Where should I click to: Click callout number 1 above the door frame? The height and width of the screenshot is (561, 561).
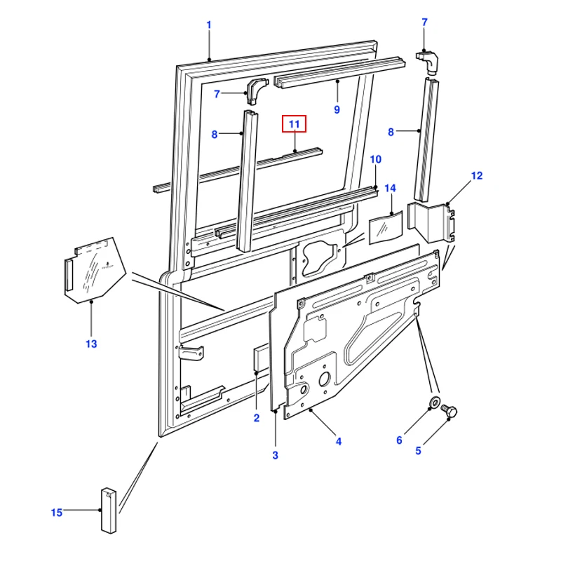pyautogui.click(x=208, y=25)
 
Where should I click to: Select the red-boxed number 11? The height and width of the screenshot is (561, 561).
pyautogui.click(x=295, y=125)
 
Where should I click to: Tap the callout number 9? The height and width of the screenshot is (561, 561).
pyautogui.click(x=337, y=109)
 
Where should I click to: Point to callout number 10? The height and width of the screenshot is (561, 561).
pyautogui.click(x=375, y=160)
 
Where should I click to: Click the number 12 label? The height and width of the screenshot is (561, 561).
pyautogui.click(x=477, y=175)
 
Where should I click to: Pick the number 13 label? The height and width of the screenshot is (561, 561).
pyautogui.click(x=91, y=344)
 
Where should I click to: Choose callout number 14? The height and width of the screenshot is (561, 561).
pyautogui.click(x=390, y=189)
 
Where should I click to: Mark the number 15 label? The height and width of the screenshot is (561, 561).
pyautogui.click(x=57, y=513)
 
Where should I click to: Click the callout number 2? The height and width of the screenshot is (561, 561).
pyautogui.click(x=257, y=418)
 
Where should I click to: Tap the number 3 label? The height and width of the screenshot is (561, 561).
pyautogui.click(x=275, y=455)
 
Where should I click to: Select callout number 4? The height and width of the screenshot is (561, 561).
pyautogui.click(x=338, y=441)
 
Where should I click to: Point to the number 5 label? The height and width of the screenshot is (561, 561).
pyautogui.click(x=418, y=451)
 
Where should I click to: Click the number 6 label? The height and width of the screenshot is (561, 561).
pyautogui.click(x=399, y=440)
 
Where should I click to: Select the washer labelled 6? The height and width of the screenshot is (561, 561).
pyautogui.click(x=434, y=403)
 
